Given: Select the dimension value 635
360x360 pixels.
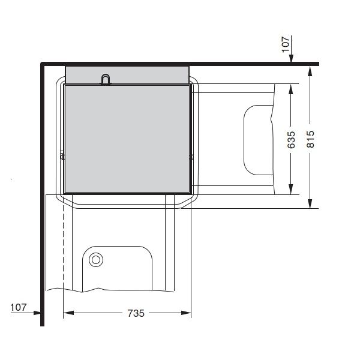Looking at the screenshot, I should [291, 139].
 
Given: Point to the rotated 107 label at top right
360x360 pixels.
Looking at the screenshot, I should [286, 43].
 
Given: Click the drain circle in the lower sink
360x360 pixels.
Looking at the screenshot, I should [95, 260].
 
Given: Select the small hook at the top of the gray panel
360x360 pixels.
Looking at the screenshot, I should [106, 79].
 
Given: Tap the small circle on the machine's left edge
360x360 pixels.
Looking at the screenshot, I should [62, 157].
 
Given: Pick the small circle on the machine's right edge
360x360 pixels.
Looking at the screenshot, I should [191, 157].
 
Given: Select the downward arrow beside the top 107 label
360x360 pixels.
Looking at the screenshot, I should [290, 59].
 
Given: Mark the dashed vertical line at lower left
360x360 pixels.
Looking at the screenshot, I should [62, 252].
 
